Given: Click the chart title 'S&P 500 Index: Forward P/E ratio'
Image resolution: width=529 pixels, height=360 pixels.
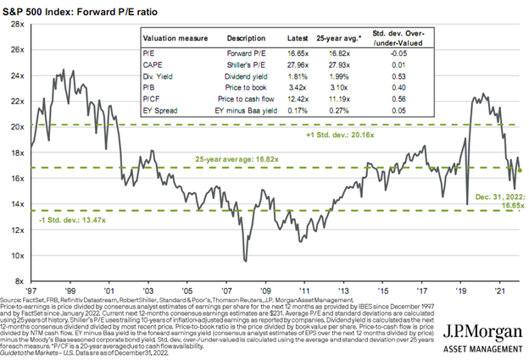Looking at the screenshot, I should pos(79,10).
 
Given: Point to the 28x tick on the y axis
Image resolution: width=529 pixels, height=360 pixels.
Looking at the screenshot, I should pos(16,25).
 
